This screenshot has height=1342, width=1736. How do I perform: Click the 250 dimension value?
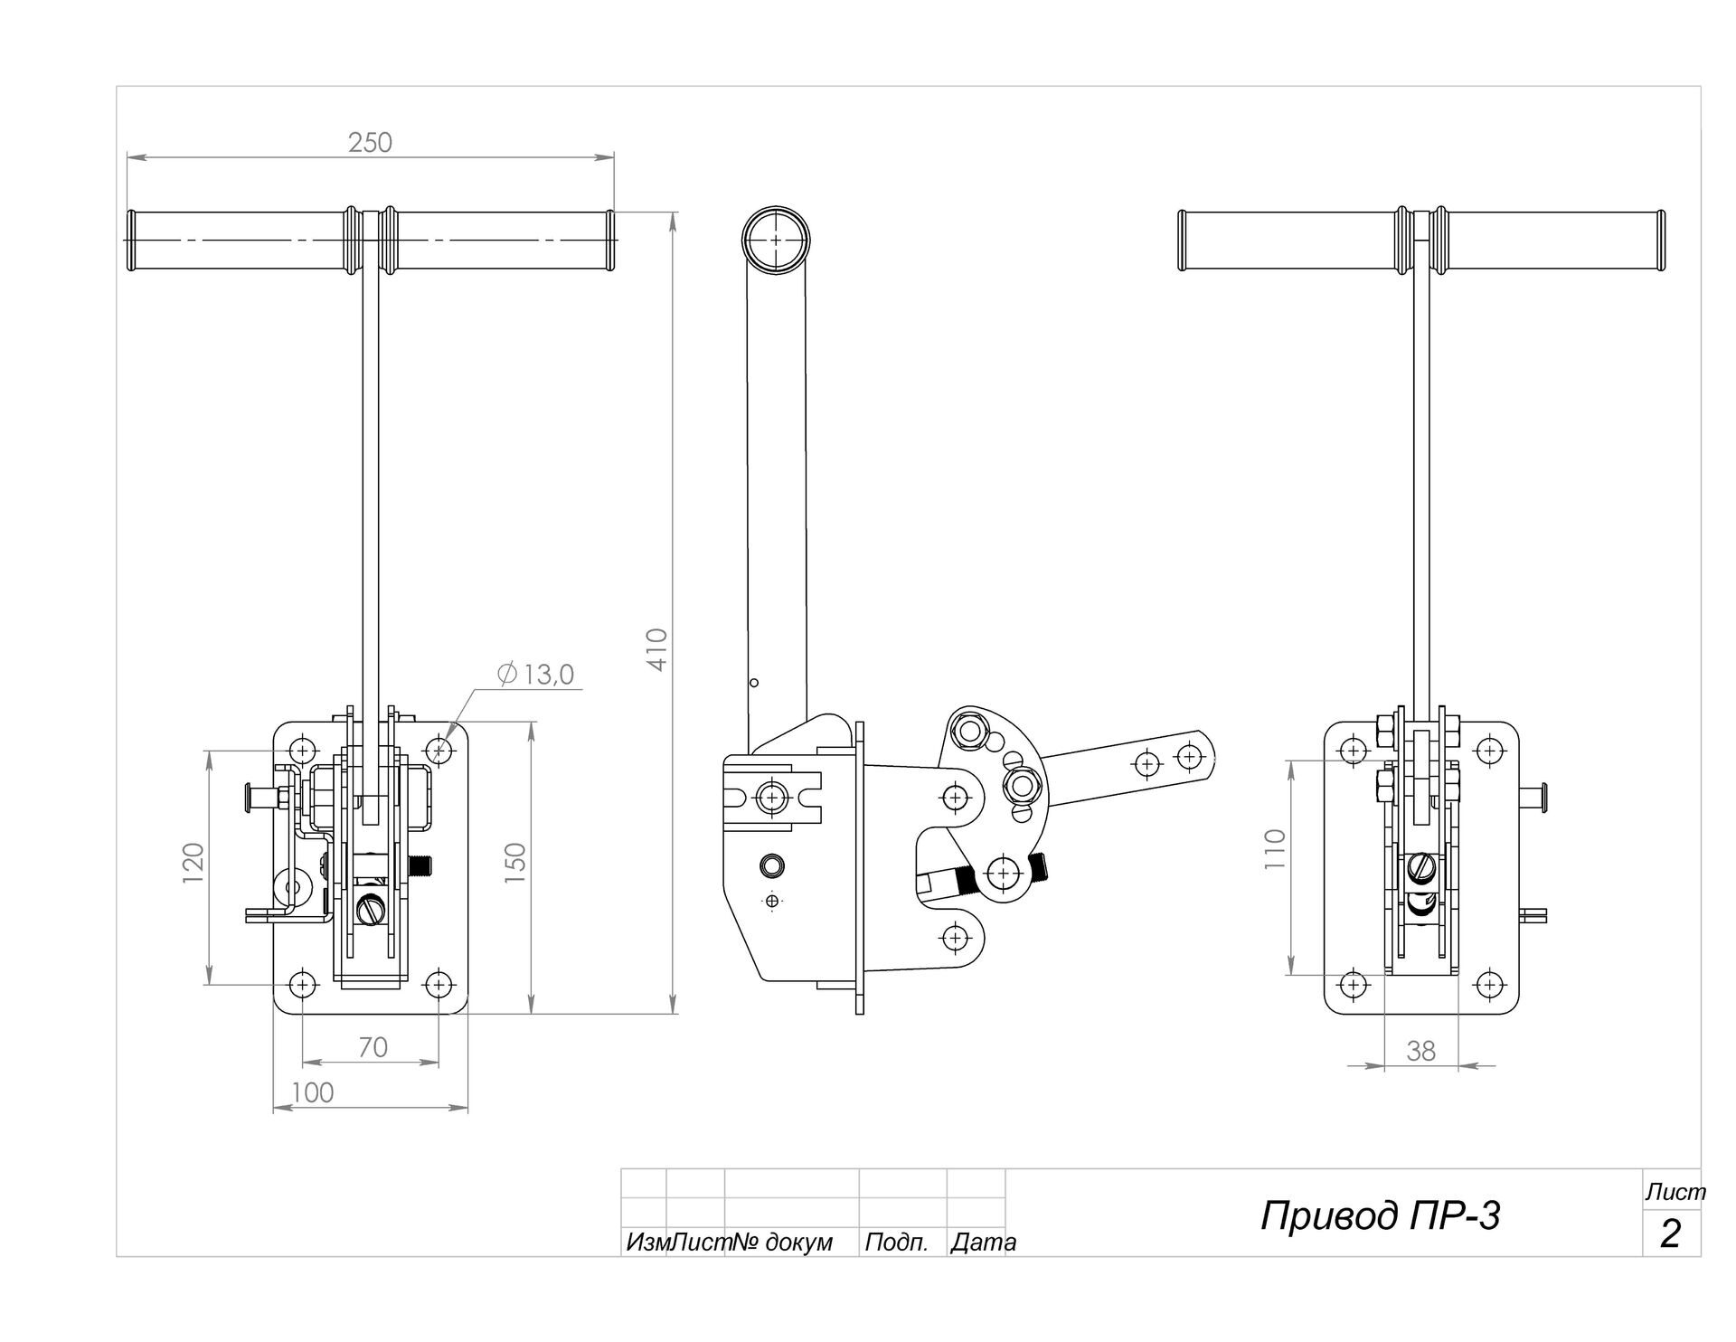point(371,143)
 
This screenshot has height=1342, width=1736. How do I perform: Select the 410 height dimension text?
point(657,649)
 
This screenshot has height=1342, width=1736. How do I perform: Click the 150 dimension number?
point(515,863)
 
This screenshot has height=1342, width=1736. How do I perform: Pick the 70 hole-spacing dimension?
point(373,1047)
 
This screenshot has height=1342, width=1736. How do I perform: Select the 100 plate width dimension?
point(313,1093)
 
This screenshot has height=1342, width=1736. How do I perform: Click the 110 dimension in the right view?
point(1275,849)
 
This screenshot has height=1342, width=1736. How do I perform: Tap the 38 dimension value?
point(1420,1051)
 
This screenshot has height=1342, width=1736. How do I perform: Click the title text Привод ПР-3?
point(1380,1216)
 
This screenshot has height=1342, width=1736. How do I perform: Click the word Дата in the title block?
point(983,1243)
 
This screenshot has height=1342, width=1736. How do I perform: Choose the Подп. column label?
point(896,1243)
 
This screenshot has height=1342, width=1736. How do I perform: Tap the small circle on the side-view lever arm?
point(755,683)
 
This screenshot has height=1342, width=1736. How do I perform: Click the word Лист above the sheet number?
point(1675,1193)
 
